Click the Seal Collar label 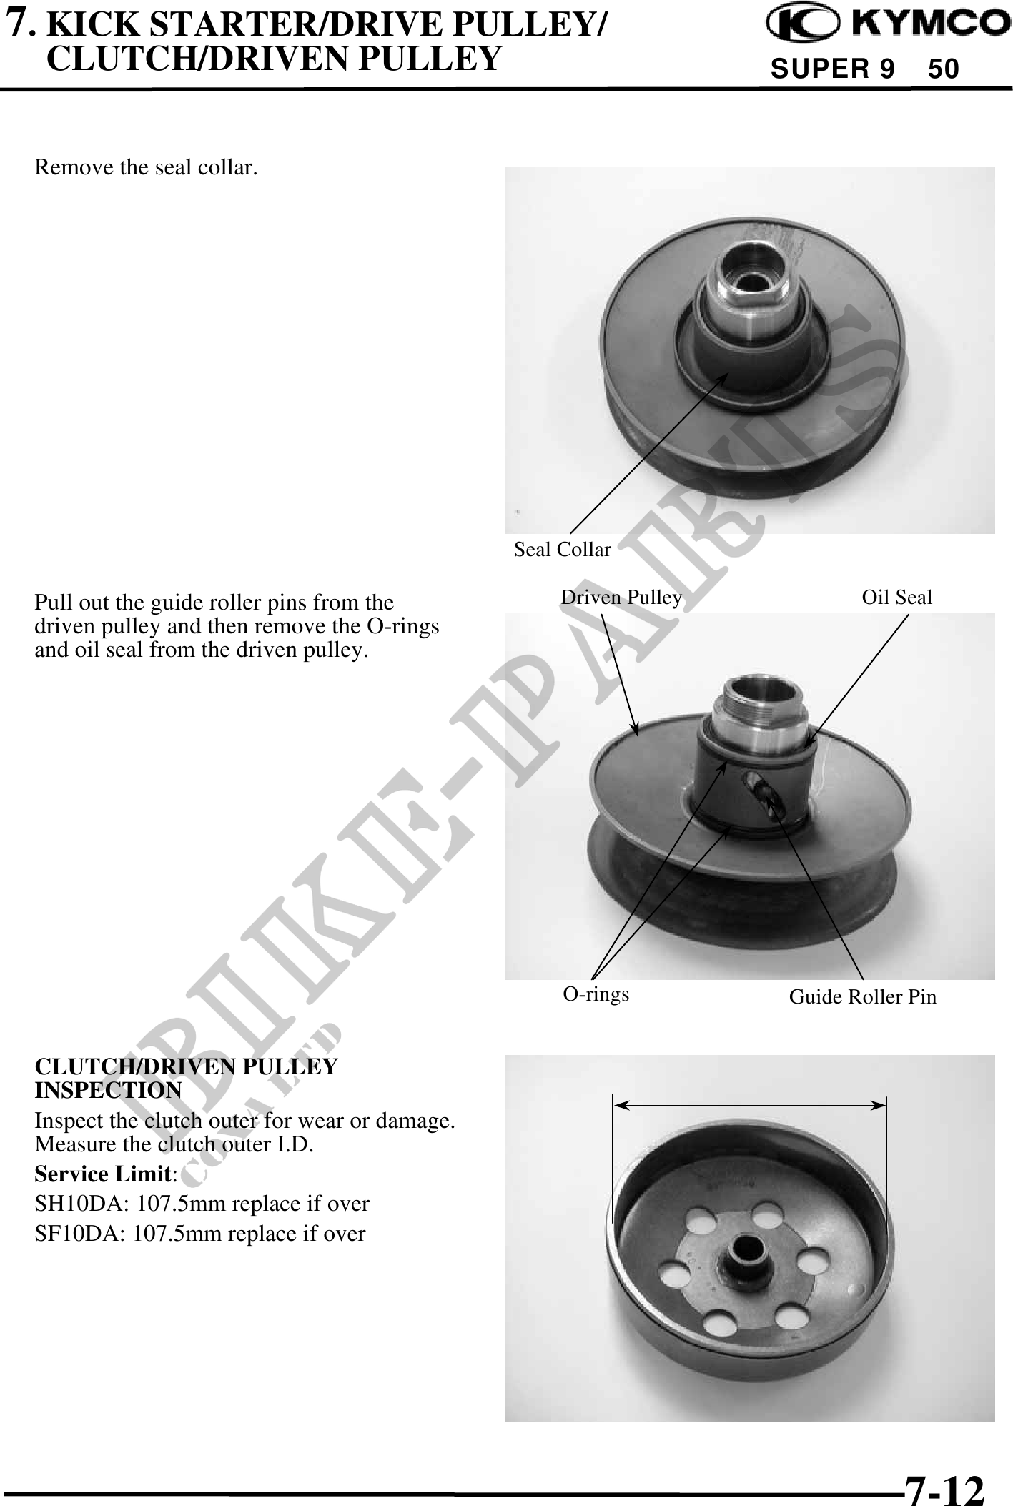pos(563,549)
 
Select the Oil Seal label pos(897,597)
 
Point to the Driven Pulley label pos(621,597)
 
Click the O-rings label pos(596,994)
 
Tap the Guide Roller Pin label pos(863,996)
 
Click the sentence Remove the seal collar pos(147,168)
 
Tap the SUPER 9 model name pos(832,69)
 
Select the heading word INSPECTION pos(108,1091)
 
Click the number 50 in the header pos(944,69)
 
